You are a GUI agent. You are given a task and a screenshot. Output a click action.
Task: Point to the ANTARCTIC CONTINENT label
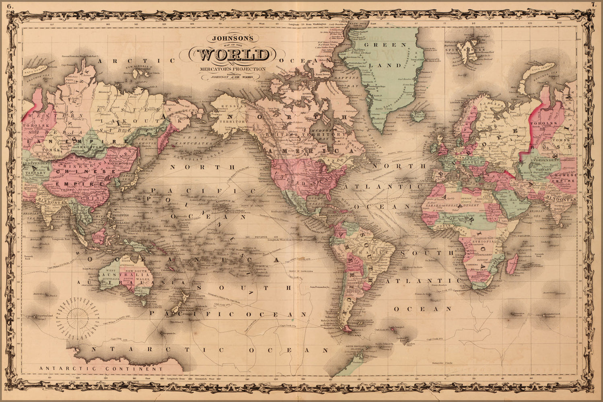[x=101, y=368]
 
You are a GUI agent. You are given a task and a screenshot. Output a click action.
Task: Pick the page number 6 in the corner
[x=9, y=5]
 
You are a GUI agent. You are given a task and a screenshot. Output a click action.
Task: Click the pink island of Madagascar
[x=512, y=261]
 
